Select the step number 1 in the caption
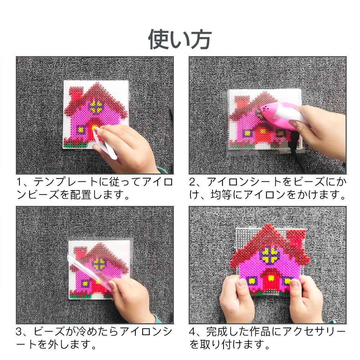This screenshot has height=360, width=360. (x=19, y=182)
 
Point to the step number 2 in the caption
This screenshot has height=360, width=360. (x=192, y=182)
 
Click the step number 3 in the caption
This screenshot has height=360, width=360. (x=19, y=332)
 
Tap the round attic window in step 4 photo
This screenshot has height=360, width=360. (x=270, y=255)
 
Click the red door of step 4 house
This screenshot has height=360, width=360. (x=271, y=282)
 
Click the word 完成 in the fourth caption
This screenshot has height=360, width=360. (x=216, y=332)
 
